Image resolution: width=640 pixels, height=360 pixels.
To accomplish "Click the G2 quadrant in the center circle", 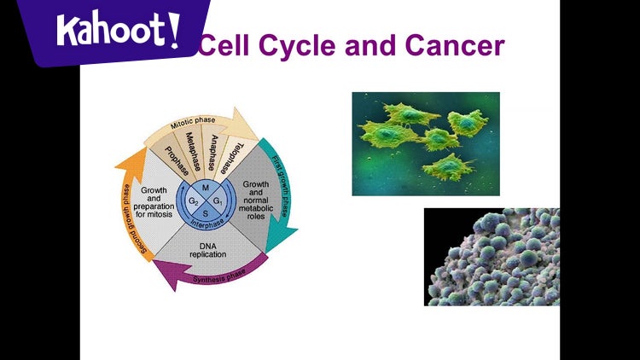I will click(194, 201).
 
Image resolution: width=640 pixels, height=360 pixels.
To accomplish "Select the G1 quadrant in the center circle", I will click(218, 201).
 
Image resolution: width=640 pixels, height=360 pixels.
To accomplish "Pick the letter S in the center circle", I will click(206, 213).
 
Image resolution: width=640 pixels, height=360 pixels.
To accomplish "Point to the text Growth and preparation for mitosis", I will click(154, 203).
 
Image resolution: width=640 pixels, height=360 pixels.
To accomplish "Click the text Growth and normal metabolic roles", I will click(257, 200).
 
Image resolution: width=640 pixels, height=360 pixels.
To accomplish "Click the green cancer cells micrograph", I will click(426, 143).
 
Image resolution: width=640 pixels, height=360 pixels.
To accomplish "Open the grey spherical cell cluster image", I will click(492, 257).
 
